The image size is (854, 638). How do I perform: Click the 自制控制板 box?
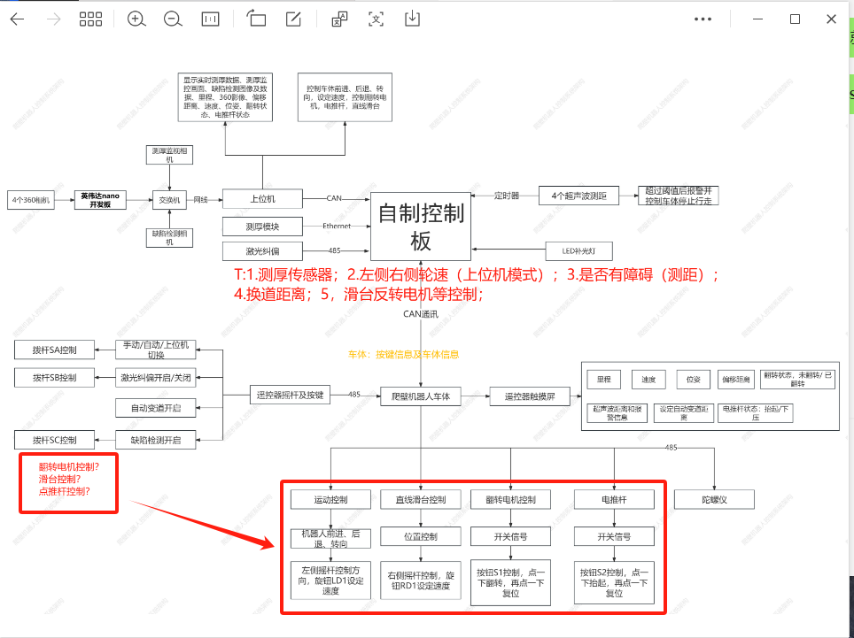421,226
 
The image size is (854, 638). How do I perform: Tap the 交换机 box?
169,200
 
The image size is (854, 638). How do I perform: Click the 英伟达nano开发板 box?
100,200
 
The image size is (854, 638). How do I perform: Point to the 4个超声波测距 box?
578,196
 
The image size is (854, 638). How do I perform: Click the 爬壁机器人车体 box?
421,396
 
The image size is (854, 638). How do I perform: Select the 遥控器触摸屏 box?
530,396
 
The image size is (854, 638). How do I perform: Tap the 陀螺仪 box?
713,500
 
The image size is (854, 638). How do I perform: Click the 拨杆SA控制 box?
54,349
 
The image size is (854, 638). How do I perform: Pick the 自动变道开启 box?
155,408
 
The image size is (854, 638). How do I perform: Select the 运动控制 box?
330,500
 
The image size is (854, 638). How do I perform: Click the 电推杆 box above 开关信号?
614,500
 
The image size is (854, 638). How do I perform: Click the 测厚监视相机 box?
169,154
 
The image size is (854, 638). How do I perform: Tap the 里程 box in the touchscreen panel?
603,379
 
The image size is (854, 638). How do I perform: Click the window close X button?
830,19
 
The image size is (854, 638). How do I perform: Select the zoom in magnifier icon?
136,19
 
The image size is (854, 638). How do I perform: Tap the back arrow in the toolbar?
18,19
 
